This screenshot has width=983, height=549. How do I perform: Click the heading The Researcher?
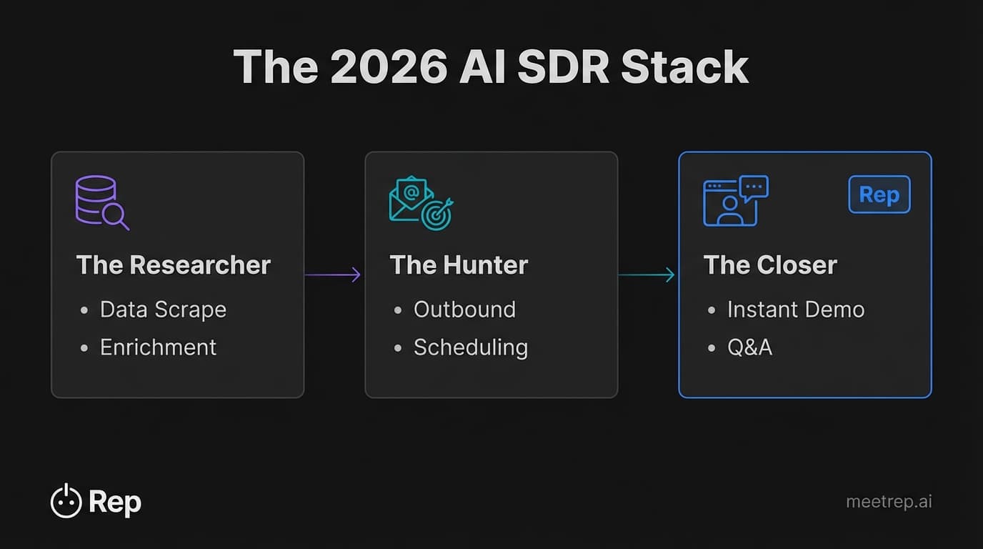click(x=173, y=265)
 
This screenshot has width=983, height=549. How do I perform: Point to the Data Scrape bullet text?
click(x=163, y=310)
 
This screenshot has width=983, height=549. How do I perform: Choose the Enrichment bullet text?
click(x=158, y=347)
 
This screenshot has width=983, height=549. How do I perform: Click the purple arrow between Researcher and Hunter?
click(x=333, y=274)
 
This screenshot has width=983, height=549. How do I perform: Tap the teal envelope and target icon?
click(x=421, y=203)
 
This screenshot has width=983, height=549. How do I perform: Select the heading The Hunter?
click(x=459, y=265)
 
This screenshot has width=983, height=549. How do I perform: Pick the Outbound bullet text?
click(x=464, y=310)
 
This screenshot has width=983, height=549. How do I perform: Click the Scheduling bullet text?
click(x=471, y=347)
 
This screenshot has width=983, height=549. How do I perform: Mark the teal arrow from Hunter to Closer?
click(x=647, y=274)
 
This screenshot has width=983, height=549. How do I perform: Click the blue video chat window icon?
click(x=735, y=201)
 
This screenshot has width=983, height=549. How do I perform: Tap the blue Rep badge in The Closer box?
click(x=879, y=194)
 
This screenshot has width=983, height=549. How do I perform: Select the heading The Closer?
click(x=770, y=265)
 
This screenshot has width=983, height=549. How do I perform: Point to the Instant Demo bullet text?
click(x=796, y=310)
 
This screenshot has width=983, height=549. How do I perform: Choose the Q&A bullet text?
click(x=749, y=347)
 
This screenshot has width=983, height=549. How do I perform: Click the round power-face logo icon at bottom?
click(x=66, y=501)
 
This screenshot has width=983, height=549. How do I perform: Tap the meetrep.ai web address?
click(x=889, y=502)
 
